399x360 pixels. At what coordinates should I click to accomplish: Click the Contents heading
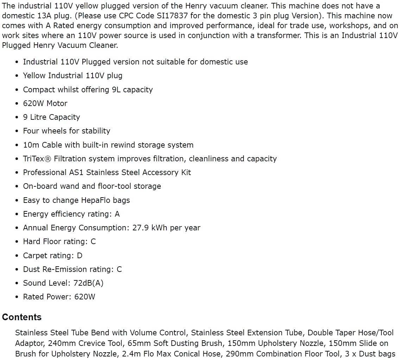22,317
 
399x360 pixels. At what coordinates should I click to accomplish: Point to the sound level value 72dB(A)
88,283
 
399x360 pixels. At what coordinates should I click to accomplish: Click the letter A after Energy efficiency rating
117,214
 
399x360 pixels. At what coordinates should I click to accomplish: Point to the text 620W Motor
45,103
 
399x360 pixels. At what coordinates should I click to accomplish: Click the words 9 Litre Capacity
51,117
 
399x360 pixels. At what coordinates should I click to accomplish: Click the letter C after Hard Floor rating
93,242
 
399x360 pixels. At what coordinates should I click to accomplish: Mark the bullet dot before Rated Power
17,297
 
